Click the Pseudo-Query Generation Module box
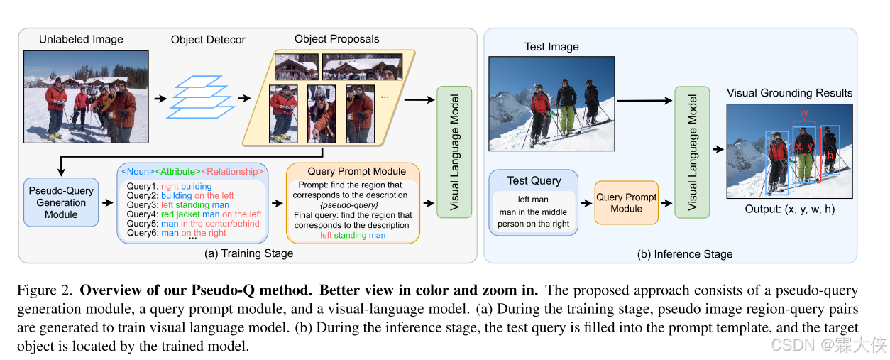click(x=61, y=202)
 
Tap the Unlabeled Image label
click(x=81, y=40)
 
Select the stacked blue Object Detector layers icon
click(x=195, y=97)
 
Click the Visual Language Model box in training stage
click(x=455, y=153)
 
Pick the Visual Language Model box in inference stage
click(x=692, y=152)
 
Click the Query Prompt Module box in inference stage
click(x=626, y=202)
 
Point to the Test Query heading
click(x=534, y=180)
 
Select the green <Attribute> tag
click(x=178, y=171)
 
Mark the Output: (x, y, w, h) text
click(x=789, y=209)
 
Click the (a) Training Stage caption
click(x=249, y=253)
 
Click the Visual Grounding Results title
click(x=789, y=93)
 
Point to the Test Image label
click(x=551, y=47)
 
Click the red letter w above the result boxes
click(x=803, y=114)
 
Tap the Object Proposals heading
click(x=336, y=39)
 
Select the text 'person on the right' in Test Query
click(x=534, y=224)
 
